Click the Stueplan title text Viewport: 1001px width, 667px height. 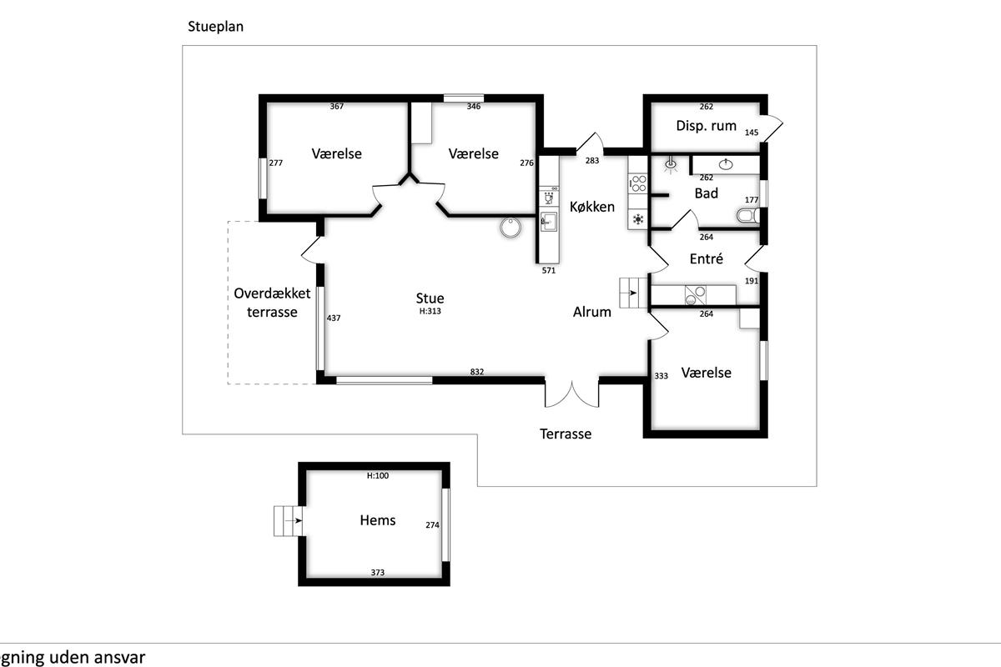coord(215,27)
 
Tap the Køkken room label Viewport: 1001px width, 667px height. coord(592,207)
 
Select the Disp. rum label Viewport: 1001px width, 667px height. coord(706,126)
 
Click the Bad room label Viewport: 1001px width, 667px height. coord(707,193)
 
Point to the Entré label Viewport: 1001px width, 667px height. coord(706,259)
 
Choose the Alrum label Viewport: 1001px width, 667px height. coord(592,313)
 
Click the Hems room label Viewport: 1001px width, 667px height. coord(378,520)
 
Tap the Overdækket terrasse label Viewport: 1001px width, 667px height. coord(272,303)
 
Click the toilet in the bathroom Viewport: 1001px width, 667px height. coord(746,217)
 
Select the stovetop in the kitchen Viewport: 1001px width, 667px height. coord(638,183)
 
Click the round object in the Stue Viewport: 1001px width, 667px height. coord(510,227)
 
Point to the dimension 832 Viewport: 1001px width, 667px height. coord(477,373)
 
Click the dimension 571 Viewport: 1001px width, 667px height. coord(549,271)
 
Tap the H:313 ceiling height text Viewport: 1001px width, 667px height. coord(430,311)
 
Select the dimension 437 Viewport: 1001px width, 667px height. coord(334,318)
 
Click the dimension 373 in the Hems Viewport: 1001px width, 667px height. coord(378,573)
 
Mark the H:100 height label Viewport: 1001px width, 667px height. coord(379,476)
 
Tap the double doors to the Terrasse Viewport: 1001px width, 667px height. coord(572,394)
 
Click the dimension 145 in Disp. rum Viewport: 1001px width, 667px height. coord(752,133)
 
